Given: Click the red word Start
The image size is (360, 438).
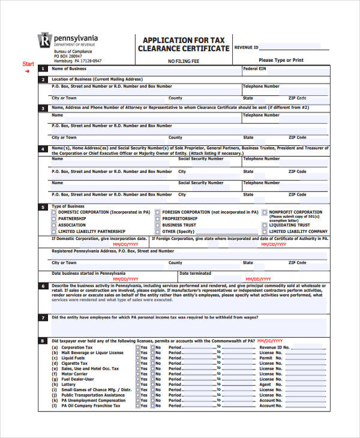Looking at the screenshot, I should click(28, 64).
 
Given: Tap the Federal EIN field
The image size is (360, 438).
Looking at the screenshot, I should click(285, 74).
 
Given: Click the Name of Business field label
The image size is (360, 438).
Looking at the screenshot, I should click(68, 68).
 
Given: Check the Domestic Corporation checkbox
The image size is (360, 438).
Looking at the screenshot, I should click(54, 212).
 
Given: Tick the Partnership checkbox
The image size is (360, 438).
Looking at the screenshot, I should click(54, 219).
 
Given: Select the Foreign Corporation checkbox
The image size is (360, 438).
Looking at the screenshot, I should click(157, 212).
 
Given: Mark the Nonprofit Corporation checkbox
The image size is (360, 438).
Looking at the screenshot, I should click(265, 212).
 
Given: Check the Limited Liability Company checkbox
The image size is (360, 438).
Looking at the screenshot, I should click(265, 232).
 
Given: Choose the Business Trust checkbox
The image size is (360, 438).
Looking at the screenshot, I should click(157, 225).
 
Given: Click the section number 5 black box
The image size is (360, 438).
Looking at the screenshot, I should click(43, 207).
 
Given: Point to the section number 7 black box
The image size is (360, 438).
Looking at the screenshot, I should click(43, 318).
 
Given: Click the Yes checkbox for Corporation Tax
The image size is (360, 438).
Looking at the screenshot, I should click(137, 347).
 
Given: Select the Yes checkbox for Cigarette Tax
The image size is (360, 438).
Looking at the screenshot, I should click(137, 364).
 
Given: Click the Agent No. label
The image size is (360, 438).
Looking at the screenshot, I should click(269, 385).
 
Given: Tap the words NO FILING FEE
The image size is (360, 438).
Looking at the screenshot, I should click(183, 61).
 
